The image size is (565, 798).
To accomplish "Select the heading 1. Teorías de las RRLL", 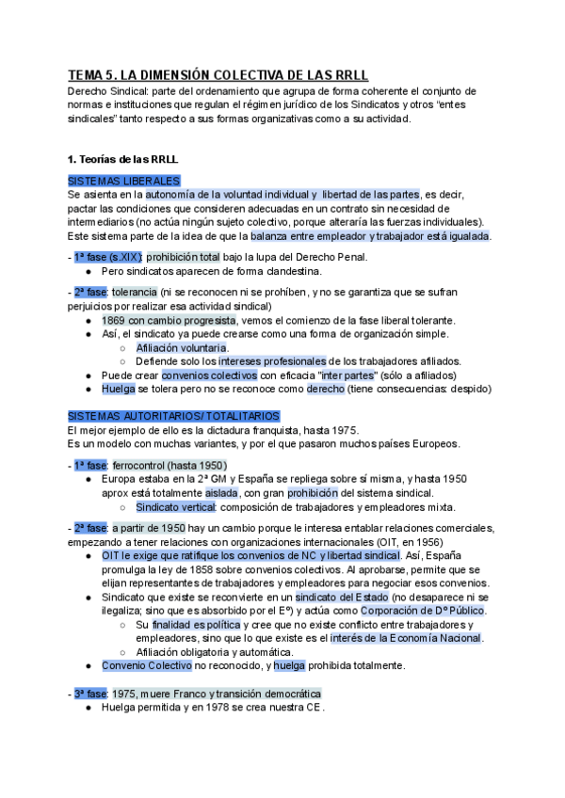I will (123, 160).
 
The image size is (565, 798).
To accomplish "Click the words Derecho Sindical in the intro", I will (101, 92).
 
